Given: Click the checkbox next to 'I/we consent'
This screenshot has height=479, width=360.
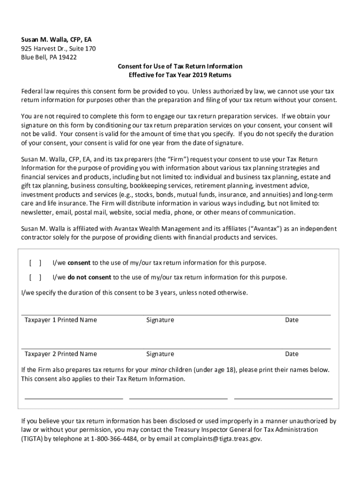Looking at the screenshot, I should coord(35,263).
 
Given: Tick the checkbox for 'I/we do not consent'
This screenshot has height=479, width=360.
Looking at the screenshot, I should coord(35,277).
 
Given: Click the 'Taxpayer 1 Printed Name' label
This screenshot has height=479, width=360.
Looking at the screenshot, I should coord(61,320).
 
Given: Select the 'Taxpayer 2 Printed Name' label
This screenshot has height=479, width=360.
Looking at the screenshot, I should coord(61,354).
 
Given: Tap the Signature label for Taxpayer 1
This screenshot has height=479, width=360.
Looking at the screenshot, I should coord(160,320).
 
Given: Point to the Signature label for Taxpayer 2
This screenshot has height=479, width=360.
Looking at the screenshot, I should coord(160,354).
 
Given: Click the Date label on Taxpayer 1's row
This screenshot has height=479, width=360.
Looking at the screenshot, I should coord(292,320).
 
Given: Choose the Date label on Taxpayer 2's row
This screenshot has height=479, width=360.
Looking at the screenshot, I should coord(292,354).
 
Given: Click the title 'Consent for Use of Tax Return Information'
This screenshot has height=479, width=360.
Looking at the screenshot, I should coord(180,66).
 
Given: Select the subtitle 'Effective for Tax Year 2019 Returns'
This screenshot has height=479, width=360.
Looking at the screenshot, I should coord(180,75).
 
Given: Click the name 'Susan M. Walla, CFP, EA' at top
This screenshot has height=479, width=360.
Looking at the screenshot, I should coord(59,40).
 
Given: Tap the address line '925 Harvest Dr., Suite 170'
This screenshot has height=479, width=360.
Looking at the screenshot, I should coord(58,49).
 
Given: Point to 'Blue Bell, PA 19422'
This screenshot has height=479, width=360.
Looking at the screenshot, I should coord(49,57).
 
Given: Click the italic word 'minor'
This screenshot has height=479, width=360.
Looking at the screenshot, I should coord(159,370).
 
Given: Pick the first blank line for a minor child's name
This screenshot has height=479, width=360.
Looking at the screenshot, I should coord(73,398).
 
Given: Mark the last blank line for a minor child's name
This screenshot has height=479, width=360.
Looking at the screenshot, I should coord(283,398).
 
